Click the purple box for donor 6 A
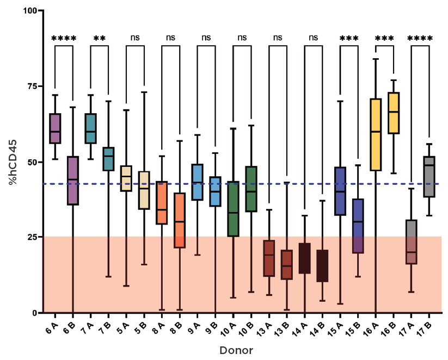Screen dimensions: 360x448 tap(55, 129)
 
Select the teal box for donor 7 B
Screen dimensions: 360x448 tap(108, 159)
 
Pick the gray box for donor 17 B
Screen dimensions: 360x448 tap(429, 176)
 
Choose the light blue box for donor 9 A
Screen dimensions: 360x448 tap(198, 182)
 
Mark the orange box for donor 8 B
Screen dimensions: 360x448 tap(180, 220)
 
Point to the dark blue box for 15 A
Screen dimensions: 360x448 tap(340, 191)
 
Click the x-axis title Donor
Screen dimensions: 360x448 tap(236, 351)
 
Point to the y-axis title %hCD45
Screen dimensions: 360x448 tap(11, 162)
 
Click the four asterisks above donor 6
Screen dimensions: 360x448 tap(64, 39)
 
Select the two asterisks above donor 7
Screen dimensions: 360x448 tap(99, 39)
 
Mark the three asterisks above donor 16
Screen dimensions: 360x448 tap(384, 39)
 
